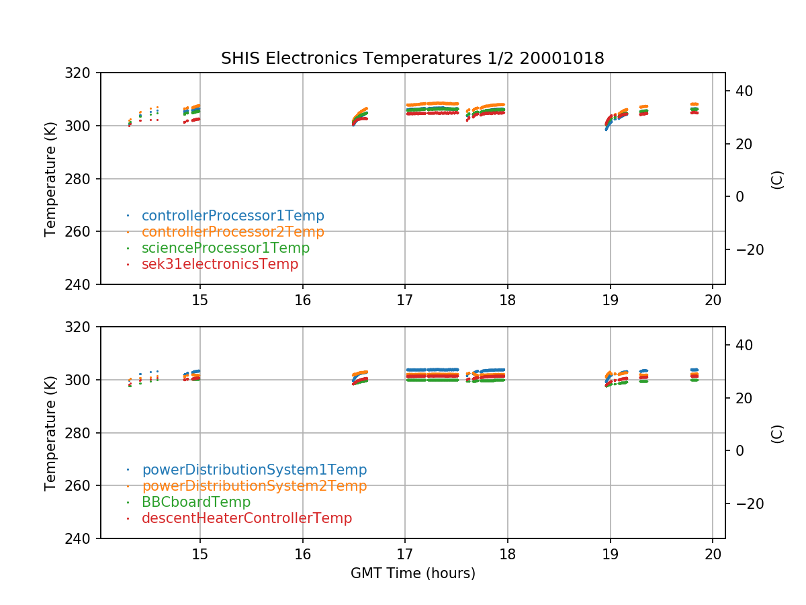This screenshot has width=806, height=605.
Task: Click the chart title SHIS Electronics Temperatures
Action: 412,59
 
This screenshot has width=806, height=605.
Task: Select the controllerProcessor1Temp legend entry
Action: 232,216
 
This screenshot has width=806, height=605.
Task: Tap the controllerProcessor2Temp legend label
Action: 232,232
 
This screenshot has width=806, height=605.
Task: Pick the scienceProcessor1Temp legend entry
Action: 225,248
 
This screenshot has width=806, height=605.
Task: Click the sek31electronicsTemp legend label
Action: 220,264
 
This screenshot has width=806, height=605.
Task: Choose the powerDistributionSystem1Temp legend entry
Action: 254,470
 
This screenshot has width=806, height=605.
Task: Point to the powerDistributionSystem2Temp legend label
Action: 254,486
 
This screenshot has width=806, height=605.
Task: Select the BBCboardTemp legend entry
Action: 195,502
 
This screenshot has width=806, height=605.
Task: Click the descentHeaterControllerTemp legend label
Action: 247,518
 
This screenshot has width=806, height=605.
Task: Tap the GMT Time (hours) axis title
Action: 412,573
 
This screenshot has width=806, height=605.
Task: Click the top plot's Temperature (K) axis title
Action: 50,178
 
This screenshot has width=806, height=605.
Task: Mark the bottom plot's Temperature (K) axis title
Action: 50,432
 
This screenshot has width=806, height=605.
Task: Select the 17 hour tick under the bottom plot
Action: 405,554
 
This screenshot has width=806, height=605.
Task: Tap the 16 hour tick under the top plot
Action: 302,300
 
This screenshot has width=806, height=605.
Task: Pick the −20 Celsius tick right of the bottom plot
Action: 746,503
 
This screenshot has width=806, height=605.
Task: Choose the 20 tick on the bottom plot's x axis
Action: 713,554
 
